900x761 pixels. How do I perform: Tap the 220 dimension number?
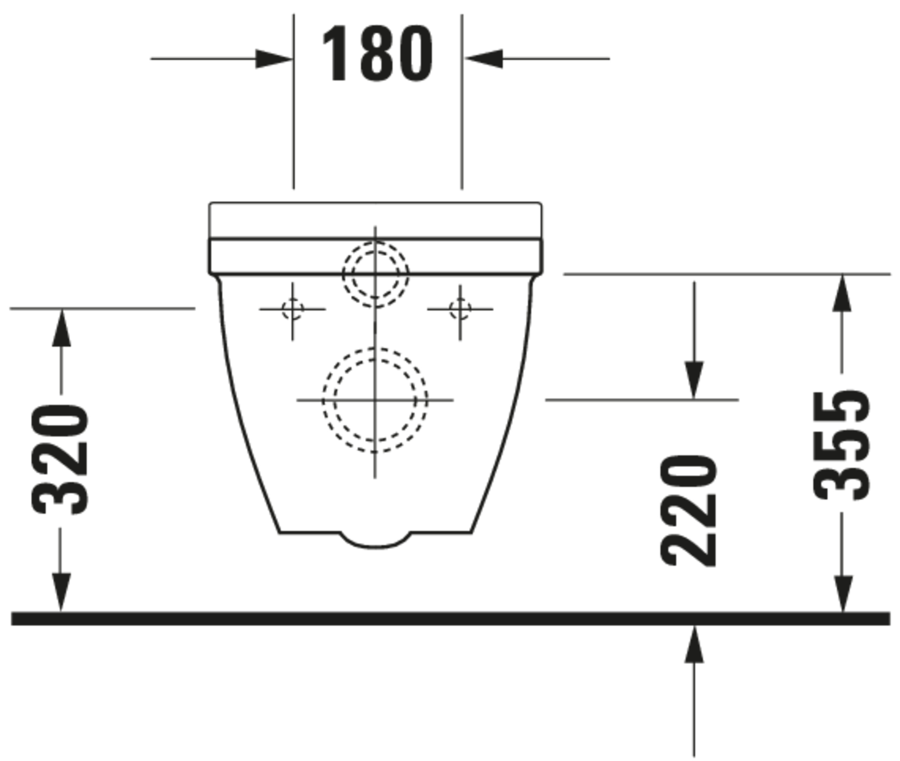688,511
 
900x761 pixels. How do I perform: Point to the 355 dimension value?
841,445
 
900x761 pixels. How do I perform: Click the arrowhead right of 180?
484,59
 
